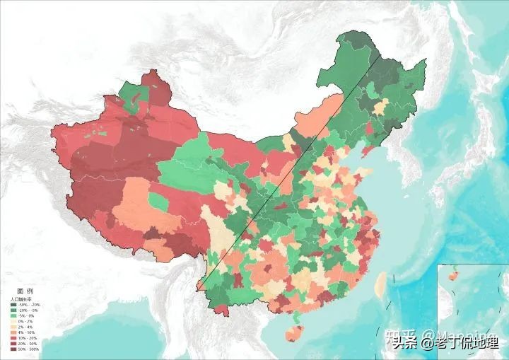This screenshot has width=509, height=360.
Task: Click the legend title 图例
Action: click(x=24, y=291)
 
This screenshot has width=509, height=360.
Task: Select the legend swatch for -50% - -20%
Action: click(x=13, y=306)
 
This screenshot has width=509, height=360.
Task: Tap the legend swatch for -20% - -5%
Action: click(x=13, y=311)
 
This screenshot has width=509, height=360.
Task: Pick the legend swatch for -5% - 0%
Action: click(x=13, y=317)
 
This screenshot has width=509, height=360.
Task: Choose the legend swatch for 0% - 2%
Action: click(x=13, y=323)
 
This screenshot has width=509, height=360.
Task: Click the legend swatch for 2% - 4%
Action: click(x=13, y=328)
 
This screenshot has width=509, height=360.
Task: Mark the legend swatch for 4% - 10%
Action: click(x=13, y=334)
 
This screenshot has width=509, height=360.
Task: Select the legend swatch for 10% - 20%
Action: click(x=13, y=339)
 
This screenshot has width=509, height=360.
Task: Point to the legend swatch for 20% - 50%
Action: click(x=13, y=344)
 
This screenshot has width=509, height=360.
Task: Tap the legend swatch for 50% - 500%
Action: click(x=13, y=350)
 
